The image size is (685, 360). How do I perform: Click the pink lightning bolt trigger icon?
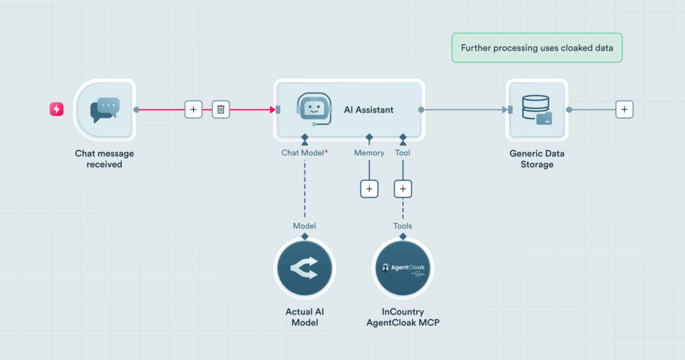(x=56, y=109)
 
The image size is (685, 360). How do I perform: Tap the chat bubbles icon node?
(x=104, y=110)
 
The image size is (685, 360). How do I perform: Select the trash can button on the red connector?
(x=221, y=109)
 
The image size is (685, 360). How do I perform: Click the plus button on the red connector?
(x=193, y=109)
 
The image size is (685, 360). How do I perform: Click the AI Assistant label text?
(x=369, y=110)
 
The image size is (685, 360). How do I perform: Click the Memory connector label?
(x=369, y=153)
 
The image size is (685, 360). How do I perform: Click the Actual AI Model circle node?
(x=304, y=268)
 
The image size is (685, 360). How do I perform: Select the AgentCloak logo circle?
(x=403, y=268)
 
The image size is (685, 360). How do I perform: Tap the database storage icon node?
(x=536, y=110)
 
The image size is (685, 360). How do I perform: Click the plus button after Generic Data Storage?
(x=624, y=109)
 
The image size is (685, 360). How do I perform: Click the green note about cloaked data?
(x=536, y=48)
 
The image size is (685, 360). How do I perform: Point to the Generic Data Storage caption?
(x=536, y=159)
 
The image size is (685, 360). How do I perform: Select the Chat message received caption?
(x=104, y=159)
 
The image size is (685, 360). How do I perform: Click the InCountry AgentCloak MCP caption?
(x=403, y=317)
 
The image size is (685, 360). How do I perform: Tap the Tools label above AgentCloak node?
(x=403, y=226)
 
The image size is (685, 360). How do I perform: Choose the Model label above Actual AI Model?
(x=304, y=226)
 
